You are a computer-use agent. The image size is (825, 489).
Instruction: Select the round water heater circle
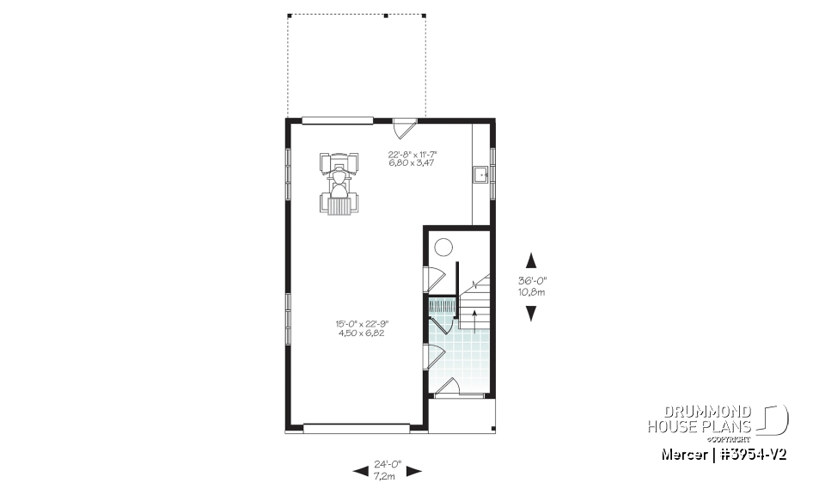pos(443,248)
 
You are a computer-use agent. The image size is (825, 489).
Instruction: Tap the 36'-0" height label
pos(531,281)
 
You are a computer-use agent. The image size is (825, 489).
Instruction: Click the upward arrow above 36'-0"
pos(531,260)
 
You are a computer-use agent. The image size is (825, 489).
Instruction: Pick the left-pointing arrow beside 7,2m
pos(361,470)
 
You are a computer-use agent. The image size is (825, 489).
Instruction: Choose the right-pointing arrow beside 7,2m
pos(413,470)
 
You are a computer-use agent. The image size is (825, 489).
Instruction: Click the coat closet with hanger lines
pos(443,306)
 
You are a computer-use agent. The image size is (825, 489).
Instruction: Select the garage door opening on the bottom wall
pos(356,425)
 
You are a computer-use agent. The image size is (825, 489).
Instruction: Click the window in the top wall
pos(337,119)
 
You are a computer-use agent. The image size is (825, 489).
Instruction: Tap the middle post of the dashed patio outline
pos(386,15)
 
